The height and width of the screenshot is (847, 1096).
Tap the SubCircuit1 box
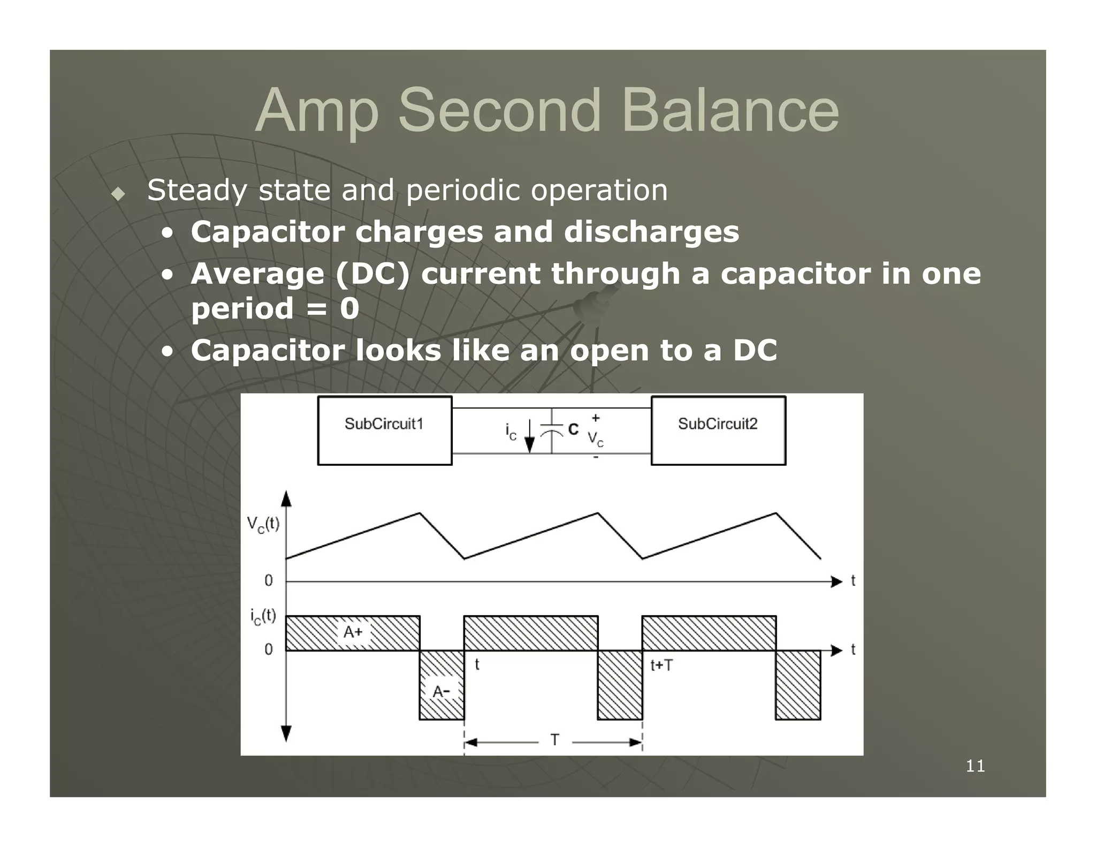(384, 430)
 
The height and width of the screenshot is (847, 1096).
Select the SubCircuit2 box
(718, 430)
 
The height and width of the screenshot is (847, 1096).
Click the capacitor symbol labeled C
(552, 430)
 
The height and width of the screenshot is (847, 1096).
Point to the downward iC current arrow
(529, 436)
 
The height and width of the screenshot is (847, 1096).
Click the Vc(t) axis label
(263, 524)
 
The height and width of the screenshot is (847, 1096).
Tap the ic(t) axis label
(263, 616)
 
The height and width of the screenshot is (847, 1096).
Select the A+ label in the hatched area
(353, 632)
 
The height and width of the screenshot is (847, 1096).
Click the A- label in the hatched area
(441, 692)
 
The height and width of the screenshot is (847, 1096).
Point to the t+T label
(661, 666)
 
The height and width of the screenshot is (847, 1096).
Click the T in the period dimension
(555, 740)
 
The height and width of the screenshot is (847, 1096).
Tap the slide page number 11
(975, 766)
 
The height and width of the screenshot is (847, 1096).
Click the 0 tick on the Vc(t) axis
(269, 581)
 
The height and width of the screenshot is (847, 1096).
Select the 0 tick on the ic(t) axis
(269, 649)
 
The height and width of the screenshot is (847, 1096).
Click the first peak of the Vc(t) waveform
(420, 513)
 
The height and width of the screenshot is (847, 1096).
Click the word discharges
(651, 232)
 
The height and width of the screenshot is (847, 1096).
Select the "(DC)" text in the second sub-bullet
(372, 274)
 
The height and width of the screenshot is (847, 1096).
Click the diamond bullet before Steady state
(118, 194)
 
